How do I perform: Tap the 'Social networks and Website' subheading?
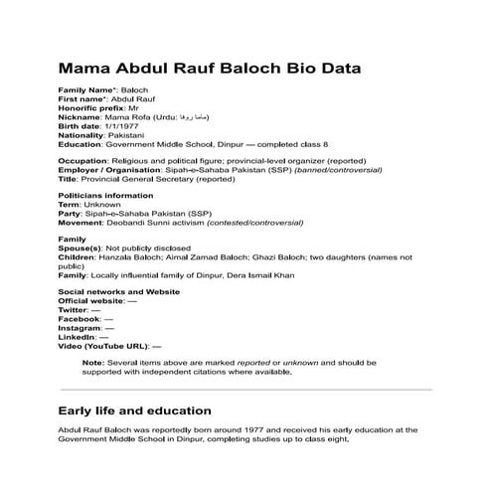118,291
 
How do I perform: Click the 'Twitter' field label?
75,309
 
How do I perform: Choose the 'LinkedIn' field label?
78,336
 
